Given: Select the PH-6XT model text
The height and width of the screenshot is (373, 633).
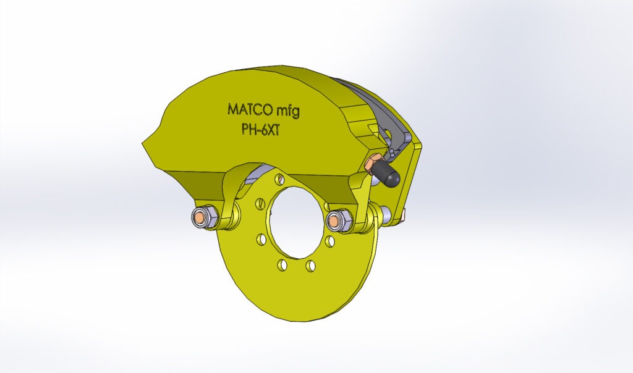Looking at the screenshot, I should pos(260,130).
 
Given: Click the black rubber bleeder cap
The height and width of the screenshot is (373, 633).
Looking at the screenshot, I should pos(388,175).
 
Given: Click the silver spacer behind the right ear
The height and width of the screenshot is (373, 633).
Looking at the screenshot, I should pos(386,214).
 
